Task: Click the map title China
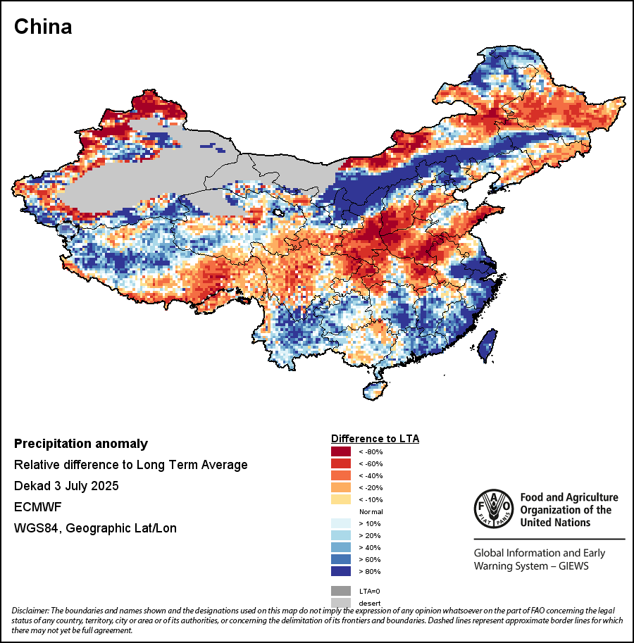tap(43, 27)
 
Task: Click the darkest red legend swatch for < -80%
tap(341, 451)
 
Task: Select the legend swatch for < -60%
tap(341, 463)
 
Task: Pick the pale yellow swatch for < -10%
tap(341, 499)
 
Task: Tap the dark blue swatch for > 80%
tap(341, 571)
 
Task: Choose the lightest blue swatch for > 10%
tap(341, 523)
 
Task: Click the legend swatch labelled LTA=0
tap(341, 591)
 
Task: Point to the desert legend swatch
tap(341, 602)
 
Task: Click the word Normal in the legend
tap(371, 511)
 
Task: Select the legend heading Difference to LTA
tap(375, 438)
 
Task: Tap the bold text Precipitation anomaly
tap(81, 444)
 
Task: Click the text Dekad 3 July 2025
tap(66, 486)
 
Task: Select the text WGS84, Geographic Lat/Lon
tap(95, 528)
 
